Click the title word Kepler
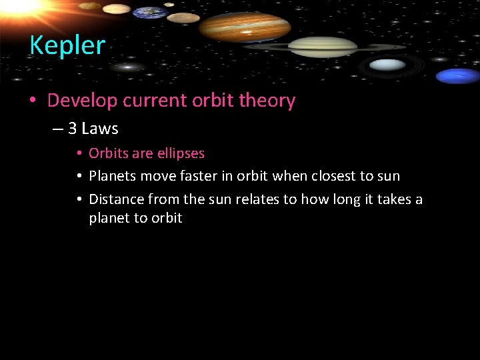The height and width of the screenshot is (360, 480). tap(67, 45)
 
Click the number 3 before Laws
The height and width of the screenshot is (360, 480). tap(72, 128)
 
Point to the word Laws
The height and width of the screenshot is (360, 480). tap(99, 128)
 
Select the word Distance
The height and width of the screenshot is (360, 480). tap(117, 199)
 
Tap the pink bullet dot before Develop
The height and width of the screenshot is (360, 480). tap(33, 101)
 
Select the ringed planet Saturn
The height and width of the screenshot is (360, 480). tap(323, 47)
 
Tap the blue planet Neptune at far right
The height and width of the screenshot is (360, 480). tap(457, 75)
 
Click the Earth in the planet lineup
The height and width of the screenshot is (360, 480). tap(149, 13)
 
